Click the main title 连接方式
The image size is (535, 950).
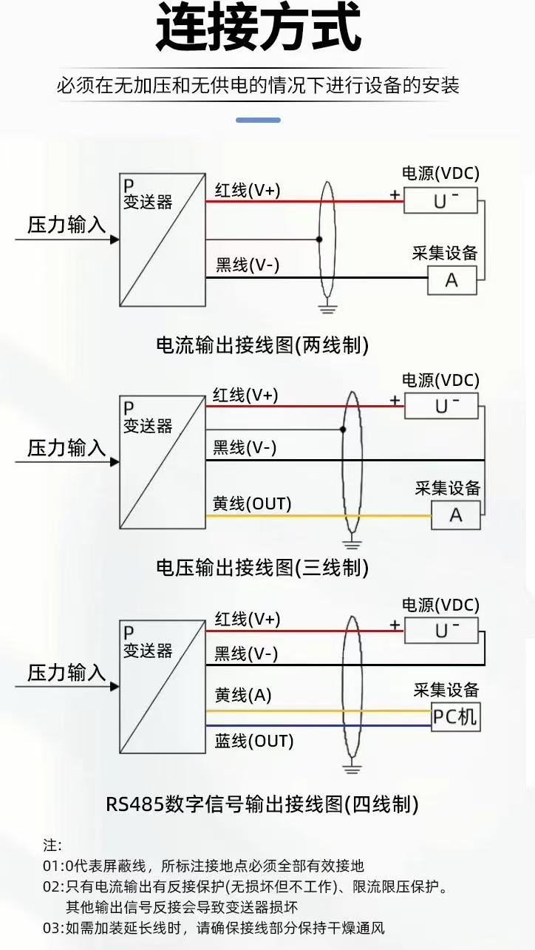point(259,28)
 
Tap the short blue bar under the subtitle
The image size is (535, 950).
point(258,120)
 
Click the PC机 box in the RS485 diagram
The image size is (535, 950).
point(456,716)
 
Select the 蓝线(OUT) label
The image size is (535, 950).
point(254,741)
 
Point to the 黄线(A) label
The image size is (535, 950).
point(243,695)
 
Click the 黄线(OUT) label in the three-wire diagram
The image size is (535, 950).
point(252,504)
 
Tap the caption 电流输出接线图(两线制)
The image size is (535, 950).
point(262,345)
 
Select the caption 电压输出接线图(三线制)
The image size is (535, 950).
point(262,568)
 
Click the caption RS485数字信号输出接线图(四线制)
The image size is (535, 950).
point(262,804)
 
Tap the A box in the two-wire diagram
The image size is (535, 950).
point(452,280)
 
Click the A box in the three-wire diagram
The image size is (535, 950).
point(456,515)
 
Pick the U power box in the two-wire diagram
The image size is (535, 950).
point(440,200)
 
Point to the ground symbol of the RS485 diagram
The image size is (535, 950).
point(352,769)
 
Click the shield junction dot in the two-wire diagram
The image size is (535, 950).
point(319,240)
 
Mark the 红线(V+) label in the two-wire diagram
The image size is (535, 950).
point(248,190)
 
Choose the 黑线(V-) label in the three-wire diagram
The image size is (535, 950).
point(245,448)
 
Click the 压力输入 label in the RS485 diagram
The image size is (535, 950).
point(67,673)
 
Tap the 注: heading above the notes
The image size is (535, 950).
point(52,845)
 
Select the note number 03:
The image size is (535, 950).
point(53,928)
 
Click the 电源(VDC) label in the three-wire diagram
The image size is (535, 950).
point(440,380)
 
